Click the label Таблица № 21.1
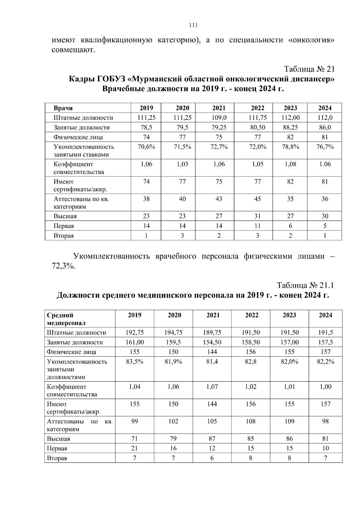click(x=305, y=285)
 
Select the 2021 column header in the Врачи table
click(x=219, y=108)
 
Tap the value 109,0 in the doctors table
click(x=219, y=118)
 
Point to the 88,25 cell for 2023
click(x=290, y=127)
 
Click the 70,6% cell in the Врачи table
click(x=146, y=147)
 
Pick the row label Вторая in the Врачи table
click(x=63, y=236)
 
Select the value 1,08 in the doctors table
click(x=290, y=164)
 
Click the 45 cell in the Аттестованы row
click(x=258, y=199)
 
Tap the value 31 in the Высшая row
click(x=258, y=216)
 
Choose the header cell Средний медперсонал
click(x=66, y=319)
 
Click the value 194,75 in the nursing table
click(x=173, y=333)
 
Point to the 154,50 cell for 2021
click(x=212, y=342)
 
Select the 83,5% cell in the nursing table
click(x=134, y=362)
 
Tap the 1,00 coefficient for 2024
click(x=325, y=387)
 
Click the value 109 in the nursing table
click(x=289, y=421)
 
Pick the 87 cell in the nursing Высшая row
click(x=212, y=438)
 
